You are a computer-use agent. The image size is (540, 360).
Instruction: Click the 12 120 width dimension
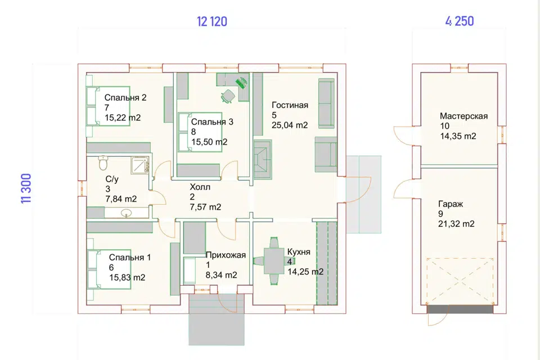tap(212, 21)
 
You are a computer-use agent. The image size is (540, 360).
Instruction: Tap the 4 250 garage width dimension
tap(460, 21)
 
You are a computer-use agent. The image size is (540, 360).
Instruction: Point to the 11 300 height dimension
tap(26, 188)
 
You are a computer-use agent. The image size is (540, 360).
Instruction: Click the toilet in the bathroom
tap(103, 163)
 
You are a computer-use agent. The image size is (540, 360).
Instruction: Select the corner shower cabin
tap(140, 165)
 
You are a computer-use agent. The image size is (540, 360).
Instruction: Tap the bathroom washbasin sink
tap(126, 213)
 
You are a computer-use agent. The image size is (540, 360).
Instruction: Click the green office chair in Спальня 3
tap(228, 96)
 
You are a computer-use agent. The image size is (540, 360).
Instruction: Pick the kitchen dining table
tap(274, 261)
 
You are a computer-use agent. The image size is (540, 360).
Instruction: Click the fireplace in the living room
tap(263, 160)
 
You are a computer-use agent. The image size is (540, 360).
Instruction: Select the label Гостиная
tap(290, 105)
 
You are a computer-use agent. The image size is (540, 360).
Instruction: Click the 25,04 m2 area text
tap(290, 125)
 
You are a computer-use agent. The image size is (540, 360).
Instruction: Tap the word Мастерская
tap(463, 116)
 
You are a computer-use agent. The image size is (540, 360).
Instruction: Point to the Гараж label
tap(451, 204)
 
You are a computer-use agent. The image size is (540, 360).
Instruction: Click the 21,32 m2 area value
tap(456, 224)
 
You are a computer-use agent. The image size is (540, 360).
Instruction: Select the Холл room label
tap(200, 187)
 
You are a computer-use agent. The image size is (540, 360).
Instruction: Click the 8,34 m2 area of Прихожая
tap(222, 275)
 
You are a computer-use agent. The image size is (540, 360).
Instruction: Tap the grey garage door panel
tap(460, 309)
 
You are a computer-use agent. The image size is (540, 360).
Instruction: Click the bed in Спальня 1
tap(109, 269)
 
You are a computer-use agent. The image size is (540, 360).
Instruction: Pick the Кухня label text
tap(299, 252)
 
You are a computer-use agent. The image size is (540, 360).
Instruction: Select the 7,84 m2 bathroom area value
tap(121, 199)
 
